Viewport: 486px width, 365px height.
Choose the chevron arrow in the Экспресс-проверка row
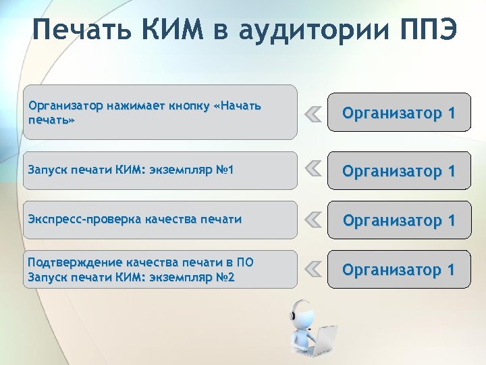point(312,219)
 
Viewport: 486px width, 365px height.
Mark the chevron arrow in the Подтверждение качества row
point(312,269)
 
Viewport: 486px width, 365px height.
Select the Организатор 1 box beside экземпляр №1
point(399,170)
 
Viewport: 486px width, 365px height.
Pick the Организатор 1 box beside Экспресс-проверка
point(399,220)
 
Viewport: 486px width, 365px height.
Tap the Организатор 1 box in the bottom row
point(399,270)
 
